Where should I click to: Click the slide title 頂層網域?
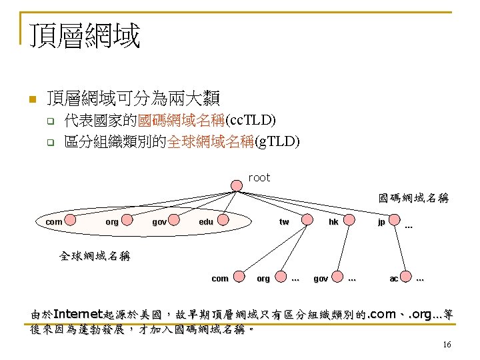[85, 35]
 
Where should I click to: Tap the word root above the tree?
[259, 177]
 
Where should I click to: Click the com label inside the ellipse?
[53, 221]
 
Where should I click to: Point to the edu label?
[206, 221]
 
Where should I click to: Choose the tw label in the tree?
[284, 221]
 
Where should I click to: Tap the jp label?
[381, 221]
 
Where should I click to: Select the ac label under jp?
[394, 278]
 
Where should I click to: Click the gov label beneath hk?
[321, 278]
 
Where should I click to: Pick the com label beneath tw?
[219, 278]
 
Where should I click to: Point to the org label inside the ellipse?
[112, 221]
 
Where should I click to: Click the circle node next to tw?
[307, 221]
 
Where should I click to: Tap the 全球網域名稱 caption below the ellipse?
[95, 255]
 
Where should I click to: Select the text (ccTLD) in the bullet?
[250, 121]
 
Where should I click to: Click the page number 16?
[447, 344]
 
